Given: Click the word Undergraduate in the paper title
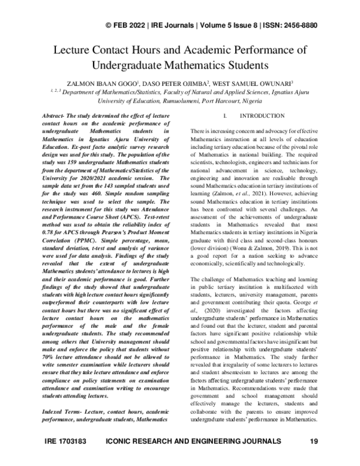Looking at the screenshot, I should coord(130,64).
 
